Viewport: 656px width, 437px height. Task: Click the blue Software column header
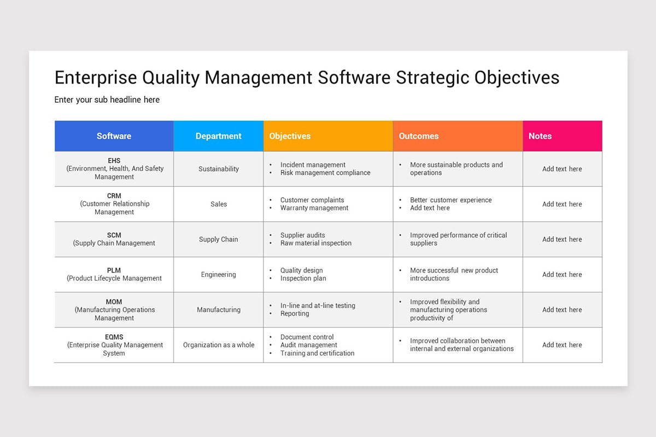point(114,136)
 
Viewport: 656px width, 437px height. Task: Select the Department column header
point(218,136)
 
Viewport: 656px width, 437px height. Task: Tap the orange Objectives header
point(290,136)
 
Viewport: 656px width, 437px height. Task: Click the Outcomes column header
point(419,136)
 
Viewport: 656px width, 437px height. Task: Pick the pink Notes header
point(540,136)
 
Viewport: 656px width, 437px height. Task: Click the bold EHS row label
point(114,161)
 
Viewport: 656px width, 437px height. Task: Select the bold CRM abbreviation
point(114,196)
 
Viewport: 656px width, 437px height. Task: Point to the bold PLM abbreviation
point(114,270)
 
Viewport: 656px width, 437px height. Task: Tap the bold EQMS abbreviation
point(114,337)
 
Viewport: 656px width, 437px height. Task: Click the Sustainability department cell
point(218,169)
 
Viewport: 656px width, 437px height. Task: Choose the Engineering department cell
point(218,274)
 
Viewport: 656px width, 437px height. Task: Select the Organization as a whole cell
point(218,345)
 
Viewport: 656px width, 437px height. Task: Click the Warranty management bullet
point(314,208)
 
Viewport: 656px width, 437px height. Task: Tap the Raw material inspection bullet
point(316,243)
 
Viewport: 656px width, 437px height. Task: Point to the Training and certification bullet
point(317,353)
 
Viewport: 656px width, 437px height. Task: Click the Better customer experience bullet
point(450,200)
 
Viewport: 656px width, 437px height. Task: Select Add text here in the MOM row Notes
point(562,310)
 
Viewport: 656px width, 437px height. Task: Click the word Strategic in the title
point(432,78)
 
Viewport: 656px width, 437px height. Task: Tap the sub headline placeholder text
point(107,99)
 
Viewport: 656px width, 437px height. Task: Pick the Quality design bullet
point(301,270)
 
